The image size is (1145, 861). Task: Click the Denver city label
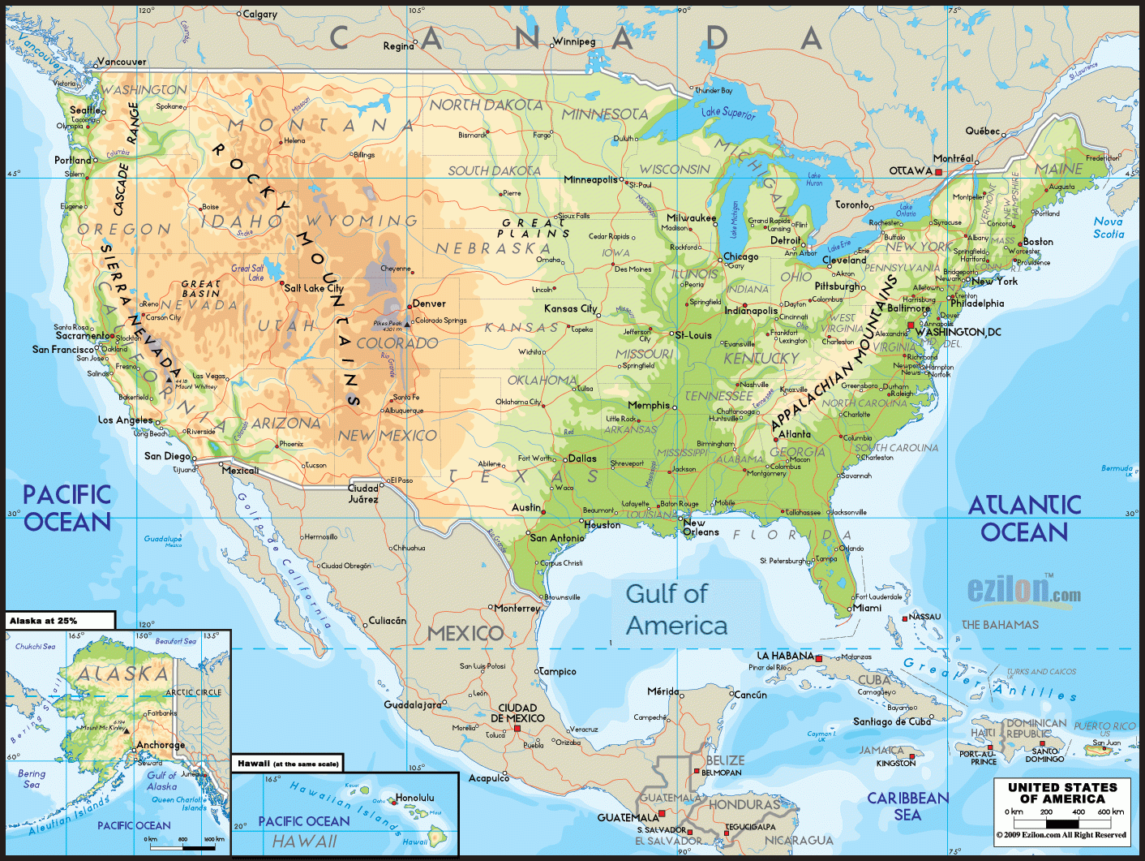click(x=429, y=304)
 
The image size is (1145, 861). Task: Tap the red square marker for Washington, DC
click(x=911, y=325)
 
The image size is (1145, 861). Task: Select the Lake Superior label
click(x=727, y=113)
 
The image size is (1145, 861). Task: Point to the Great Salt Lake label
click(x=247, y=273)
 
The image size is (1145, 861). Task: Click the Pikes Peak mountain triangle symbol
click(x=407, y=324)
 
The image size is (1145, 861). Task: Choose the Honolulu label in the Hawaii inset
click(x=415, y=798)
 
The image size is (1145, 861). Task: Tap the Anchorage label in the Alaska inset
click(x=161, y=745)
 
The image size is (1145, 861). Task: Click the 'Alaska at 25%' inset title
click(x=44, y=621)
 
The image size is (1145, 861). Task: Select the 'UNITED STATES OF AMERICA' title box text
click(x=1062, y=793)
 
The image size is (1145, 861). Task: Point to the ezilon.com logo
click(x=1023, y=590)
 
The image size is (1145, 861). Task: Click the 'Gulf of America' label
click(x=676, y=609)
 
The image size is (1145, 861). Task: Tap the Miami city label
click(x=867, y=608)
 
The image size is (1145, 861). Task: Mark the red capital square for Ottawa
click(x=939, y=172)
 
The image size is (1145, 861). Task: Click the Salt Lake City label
click(x=314, y=288)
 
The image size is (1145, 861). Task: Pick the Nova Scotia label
click(x=1109, y=227)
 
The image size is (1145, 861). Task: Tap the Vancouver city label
click(x=122, y=62)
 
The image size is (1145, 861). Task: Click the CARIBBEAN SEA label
click(x=907, y=807)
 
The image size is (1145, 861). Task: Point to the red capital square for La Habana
click(x=819, y=659)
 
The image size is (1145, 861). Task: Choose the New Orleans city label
click(x=701, y=527)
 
